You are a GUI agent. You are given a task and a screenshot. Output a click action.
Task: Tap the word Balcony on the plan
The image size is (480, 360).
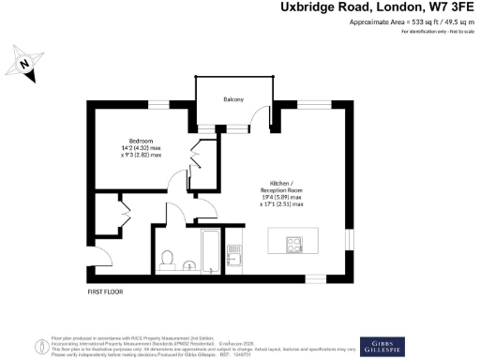tap(233, 99)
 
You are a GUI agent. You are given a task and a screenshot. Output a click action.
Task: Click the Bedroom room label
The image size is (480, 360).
tap(141, 140)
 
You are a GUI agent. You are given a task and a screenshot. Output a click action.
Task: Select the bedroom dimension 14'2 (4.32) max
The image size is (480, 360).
tap(143, 147)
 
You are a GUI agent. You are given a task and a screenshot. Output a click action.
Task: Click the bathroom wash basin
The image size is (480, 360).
tap(190, 264)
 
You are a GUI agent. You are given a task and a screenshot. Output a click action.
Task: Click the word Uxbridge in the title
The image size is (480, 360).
tap(310, 8)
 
